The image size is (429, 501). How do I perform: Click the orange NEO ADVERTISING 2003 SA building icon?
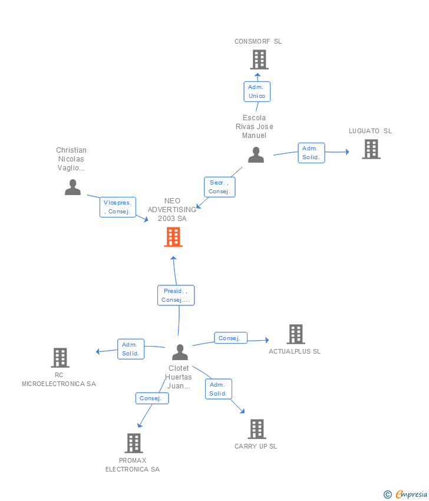tap(173, 237)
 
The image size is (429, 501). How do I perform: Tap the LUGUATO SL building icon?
tap(371, 149)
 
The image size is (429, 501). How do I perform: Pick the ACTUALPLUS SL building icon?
tap(295, 334)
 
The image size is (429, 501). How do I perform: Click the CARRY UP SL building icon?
tap(256, 429)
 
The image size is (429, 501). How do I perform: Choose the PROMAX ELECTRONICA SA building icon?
tap(134, 443)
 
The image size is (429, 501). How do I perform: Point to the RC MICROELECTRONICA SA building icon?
tap(60, 358)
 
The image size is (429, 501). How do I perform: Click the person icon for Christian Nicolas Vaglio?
tap(72, 187)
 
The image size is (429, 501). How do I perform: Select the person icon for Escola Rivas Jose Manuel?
tap(256, 155)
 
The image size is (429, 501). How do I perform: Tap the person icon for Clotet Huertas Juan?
tap(180, 352)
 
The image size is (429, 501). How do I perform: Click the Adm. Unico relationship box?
tap(257, 91)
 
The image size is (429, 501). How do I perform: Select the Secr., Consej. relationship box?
tap(219, 187)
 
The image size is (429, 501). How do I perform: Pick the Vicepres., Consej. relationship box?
tap(117, 207)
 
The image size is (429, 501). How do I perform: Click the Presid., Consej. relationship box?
tap(176, 295)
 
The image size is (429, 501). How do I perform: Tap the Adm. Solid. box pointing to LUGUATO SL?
tap(311, 153)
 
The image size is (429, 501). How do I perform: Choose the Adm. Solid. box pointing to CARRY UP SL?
tap(218, 389)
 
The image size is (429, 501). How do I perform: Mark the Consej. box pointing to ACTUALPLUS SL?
tap(230, 338)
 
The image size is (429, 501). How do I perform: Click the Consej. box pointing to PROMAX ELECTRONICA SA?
tap(151, 398)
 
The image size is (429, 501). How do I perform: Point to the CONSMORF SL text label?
tap(258, 42)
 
